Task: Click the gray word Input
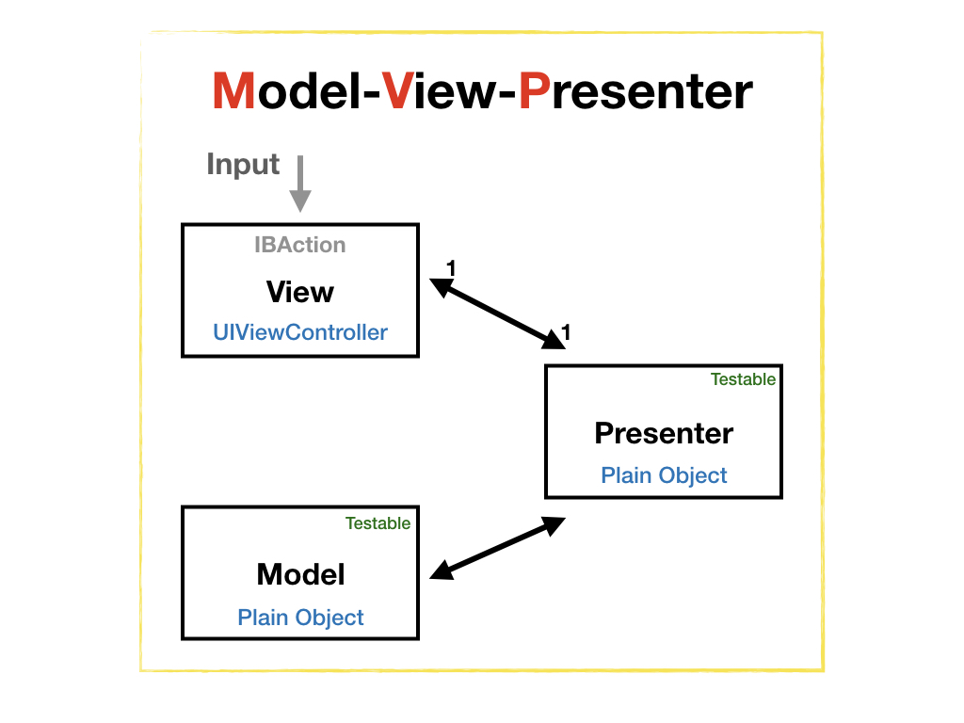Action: coord(243,165)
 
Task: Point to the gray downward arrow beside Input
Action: coord(299,185)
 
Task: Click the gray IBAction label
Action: coord(300,245)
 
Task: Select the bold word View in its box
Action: coord(300,292)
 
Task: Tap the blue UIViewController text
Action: coord(300,332)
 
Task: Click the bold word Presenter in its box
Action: coord(664,433)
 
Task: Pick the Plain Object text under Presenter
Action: coord(664,474)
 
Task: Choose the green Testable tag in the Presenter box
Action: coord(743,379)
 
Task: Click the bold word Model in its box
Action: coord(300,574)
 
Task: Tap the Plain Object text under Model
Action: coord(300,618)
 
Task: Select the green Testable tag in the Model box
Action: coord(378,523)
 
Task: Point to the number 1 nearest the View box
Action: coord(450,268)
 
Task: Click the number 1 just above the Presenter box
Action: coord(566,331)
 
